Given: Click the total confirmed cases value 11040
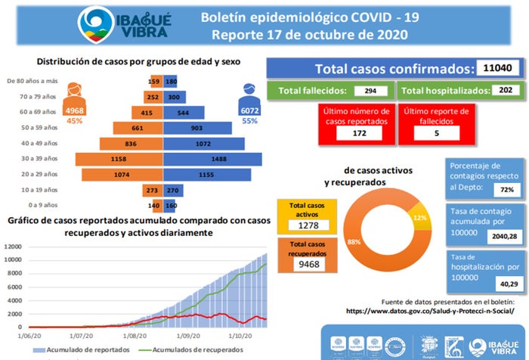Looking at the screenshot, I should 497,69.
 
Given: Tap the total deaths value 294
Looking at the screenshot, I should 370,91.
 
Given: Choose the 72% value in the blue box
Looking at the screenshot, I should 507,188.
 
